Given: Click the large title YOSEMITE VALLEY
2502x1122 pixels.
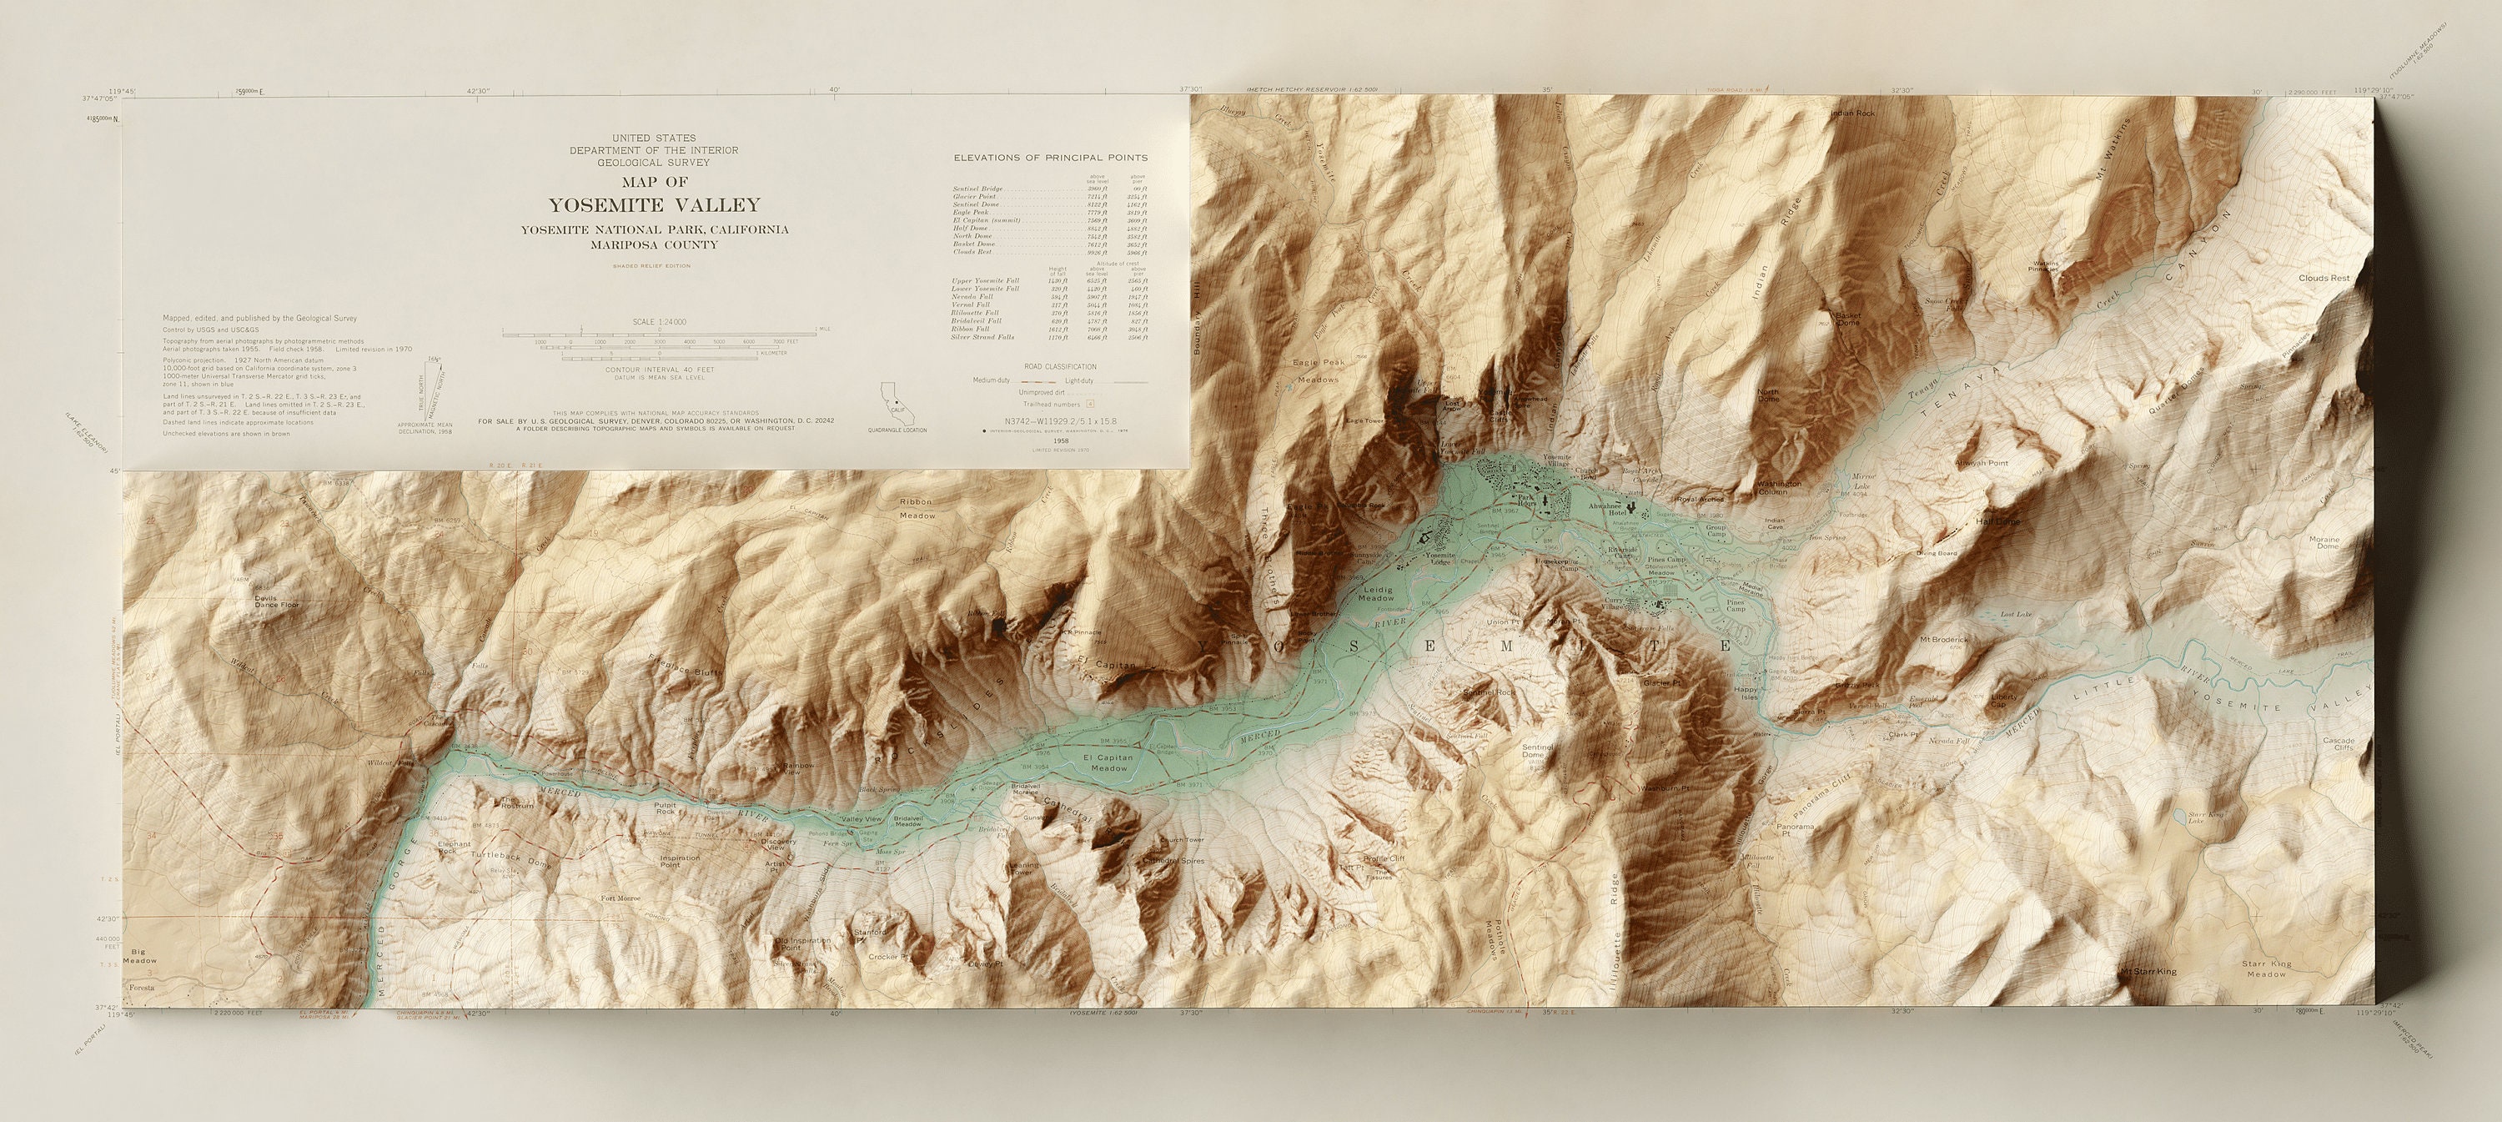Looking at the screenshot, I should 654,205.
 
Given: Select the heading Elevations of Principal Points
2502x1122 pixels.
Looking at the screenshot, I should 1050,158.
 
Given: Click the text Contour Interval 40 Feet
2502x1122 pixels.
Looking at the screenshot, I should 660,370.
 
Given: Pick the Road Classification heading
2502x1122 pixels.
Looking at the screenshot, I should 1060,367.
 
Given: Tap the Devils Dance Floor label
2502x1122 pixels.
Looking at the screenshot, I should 277,601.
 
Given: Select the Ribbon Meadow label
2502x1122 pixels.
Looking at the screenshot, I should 916,509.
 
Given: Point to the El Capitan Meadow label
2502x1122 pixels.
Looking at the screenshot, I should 1108,762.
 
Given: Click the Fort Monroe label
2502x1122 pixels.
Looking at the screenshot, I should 620,898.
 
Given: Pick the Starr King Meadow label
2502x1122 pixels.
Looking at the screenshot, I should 2266,969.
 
